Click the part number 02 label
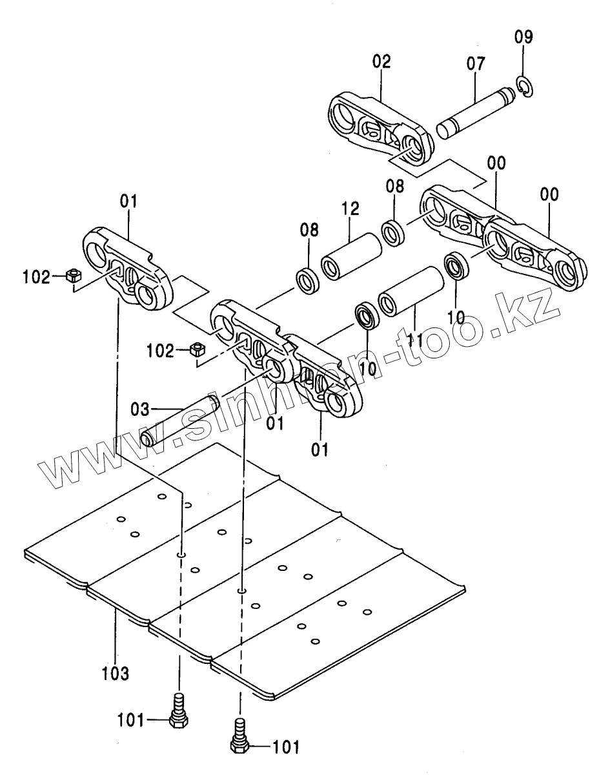pos(381,62)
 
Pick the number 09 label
pos(523,37)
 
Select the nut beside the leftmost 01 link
pos(73,276)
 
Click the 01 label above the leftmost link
pos(128,202)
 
